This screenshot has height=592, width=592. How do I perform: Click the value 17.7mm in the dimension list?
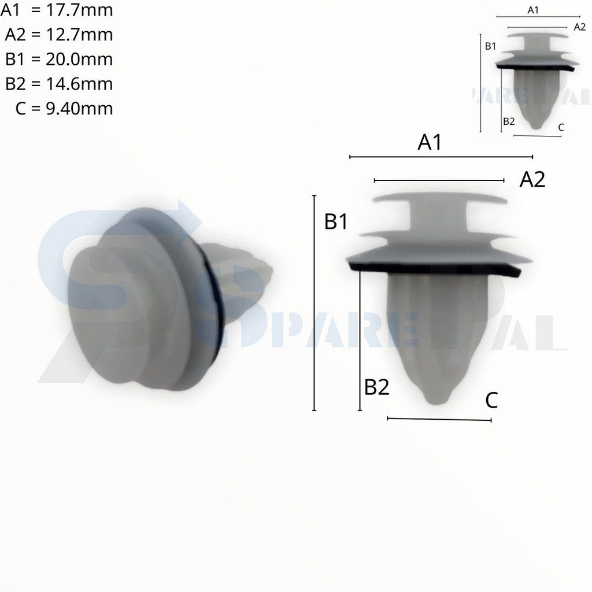79,10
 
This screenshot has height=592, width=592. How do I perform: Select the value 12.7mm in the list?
79,35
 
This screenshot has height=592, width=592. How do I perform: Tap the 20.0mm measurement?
79,59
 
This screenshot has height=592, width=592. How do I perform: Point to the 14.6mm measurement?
79,84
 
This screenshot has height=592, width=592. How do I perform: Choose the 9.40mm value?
79,108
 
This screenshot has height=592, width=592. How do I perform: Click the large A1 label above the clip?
430,142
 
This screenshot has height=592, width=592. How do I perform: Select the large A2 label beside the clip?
532,180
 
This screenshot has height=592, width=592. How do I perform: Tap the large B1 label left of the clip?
336,221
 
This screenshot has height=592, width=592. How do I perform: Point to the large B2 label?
376,387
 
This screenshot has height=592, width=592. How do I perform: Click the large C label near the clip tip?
491,400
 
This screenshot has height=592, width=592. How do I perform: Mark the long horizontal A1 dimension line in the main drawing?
441,157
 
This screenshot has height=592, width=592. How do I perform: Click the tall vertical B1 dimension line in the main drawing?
314,303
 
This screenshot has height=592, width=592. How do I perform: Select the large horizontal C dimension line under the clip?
439,419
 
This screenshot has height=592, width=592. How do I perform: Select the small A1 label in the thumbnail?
533,10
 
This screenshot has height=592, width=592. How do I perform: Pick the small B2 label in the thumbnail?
509,121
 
